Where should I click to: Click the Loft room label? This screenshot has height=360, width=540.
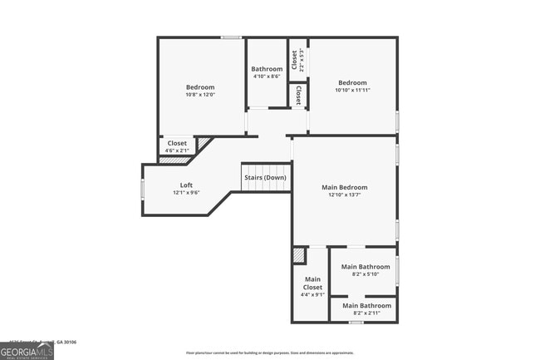(x=188, y=185)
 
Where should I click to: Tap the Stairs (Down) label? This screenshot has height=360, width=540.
(x=265, y=177)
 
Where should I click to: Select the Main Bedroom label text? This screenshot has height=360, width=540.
(x=344, y=187)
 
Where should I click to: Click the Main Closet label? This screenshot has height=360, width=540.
(x=312, y=283)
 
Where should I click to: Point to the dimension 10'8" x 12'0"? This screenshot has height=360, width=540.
(x=200, y=95)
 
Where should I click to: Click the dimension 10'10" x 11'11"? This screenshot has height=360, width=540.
(x=352, y=90)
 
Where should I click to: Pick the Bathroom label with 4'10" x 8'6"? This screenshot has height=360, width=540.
(x=267, y=69)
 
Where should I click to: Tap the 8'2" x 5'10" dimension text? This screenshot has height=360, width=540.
(x=364, y=274)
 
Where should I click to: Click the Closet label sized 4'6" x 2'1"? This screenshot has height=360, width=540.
(x=177, y=143)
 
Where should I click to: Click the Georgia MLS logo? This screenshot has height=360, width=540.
(x=27, y=353)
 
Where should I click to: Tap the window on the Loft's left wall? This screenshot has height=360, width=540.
(x=142, y=190)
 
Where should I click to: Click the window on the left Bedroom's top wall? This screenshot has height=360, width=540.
(x=231, y=37)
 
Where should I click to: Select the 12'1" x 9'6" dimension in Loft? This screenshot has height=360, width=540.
(x=187, y=192)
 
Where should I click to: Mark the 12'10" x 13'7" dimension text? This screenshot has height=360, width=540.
(x=344, y=195)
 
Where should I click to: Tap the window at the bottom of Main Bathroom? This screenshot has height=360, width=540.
(x=356, y=322)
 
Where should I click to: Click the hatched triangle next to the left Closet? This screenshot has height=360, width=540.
(x=204, y=144)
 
